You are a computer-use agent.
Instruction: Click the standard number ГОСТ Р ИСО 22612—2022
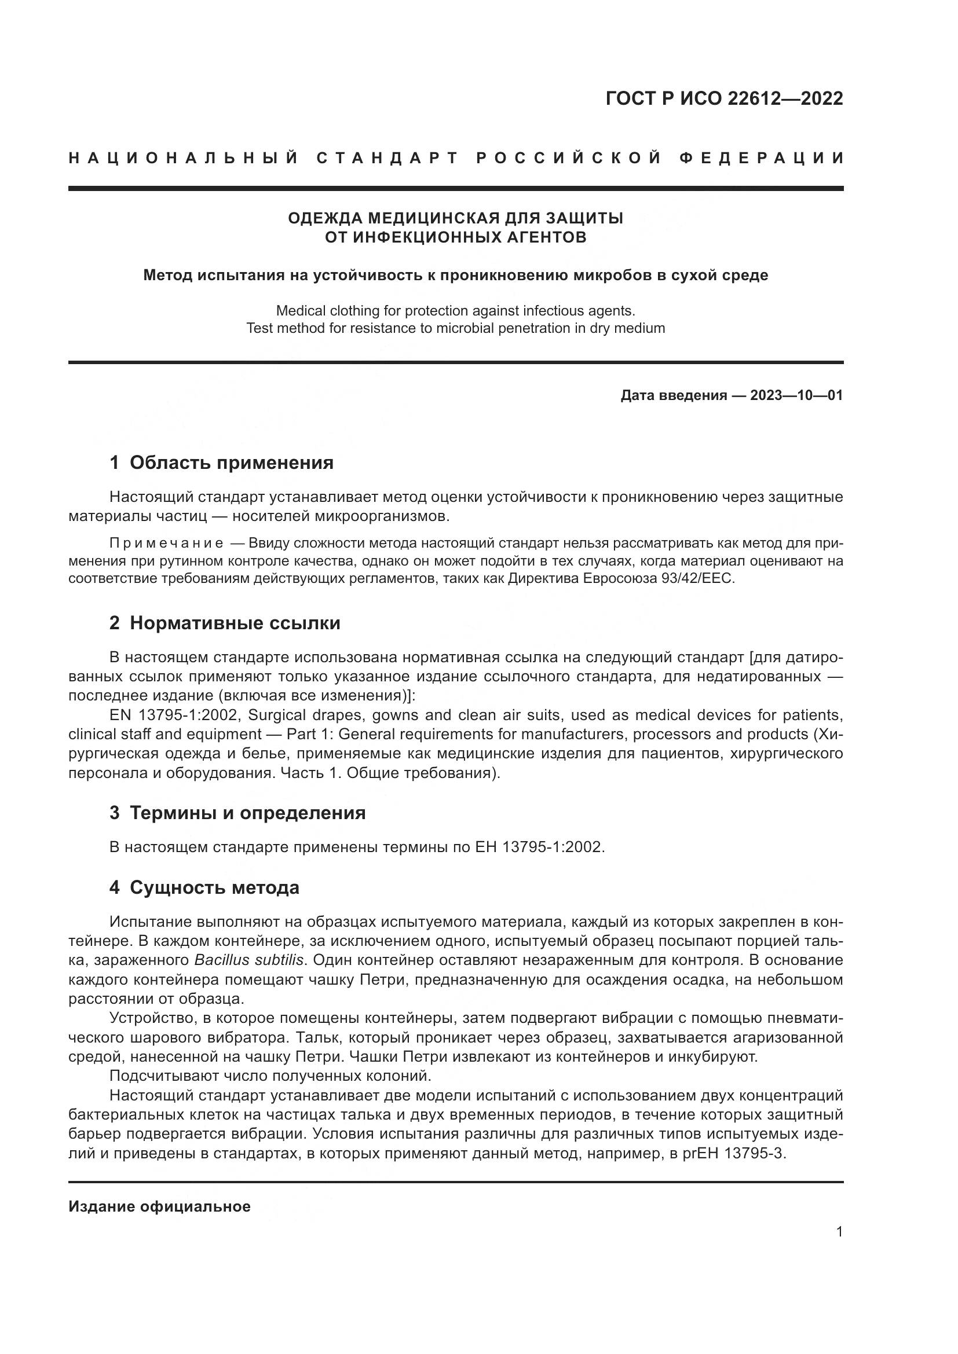tap(724, 98)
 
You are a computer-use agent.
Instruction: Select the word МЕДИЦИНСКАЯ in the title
tap(433, 218)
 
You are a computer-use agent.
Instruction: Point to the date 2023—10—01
tap(796, 395)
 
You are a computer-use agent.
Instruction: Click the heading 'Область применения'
tap(231, 463)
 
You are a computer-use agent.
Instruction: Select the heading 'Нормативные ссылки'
tap(235, 623)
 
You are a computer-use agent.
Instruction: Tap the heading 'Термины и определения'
tap(247, 813)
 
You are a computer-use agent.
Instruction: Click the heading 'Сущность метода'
tap(214, 887)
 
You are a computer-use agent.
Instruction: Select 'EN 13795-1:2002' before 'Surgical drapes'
tap(174, 715)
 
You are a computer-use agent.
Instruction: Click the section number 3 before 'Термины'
tap(114, 813)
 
